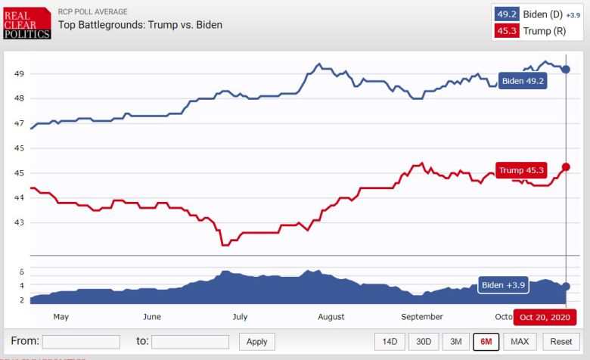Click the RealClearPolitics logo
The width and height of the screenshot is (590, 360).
point(27,23)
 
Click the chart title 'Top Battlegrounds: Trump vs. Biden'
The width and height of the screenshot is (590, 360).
point(140,25)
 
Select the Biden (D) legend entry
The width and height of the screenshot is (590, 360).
point(536,14)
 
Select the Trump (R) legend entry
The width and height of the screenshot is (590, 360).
point(536,31)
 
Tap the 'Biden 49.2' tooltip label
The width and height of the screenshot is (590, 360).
point(523,81)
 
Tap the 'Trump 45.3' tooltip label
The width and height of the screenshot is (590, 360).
point(521,170)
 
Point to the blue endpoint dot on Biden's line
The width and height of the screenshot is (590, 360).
point(566,70)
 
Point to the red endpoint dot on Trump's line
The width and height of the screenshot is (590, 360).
point(566,166)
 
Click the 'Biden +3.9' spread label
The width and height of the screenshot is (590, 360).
point(502,285)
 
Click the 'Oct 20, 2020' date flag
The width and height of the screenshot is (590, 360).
point(545,317)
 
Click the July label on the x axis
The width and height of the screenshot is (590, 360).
point(240,317)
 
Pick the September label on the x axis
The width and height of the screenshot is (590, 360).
point(422,317)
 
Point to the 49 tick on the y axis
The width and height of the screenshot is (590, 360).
point(19,73)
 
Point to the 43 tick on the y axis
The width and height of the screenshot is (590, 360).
point(19,222)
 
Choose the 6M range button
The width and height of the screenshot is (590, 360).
point(486,342)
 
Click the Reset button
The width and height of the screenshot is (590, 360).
point(561,342)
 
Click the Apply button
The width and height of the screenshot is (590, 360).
point(257,342)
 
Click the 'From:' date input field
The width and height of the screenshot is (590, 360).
point(81,342)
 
